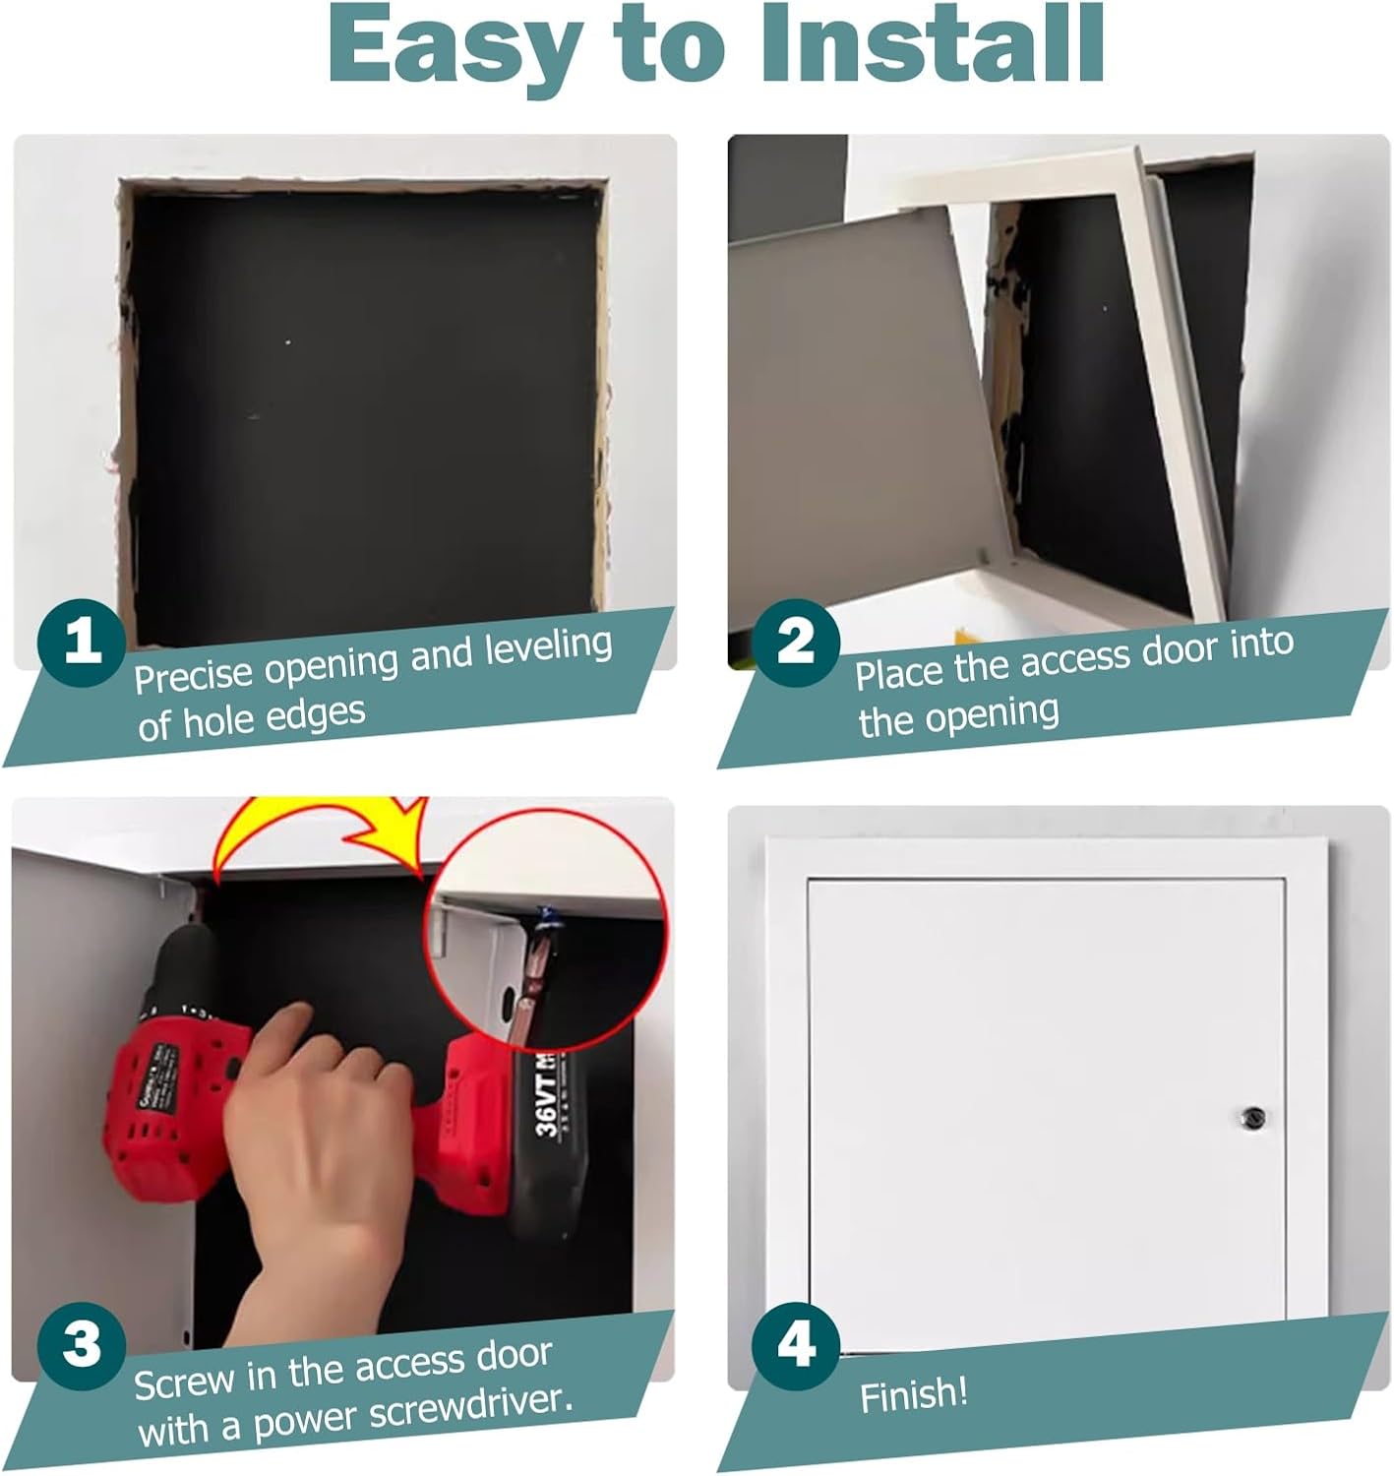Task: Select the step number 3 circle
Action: click(x=82, y=1344)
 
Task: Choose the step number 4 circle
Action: click(x=796, y=1344)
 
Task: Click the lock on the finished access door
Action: click(x=1251, y=1118)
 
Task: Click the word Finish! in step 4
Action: click(x=914, y=1394)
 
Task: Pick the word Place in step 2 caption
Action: click(x=899, y=673)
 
